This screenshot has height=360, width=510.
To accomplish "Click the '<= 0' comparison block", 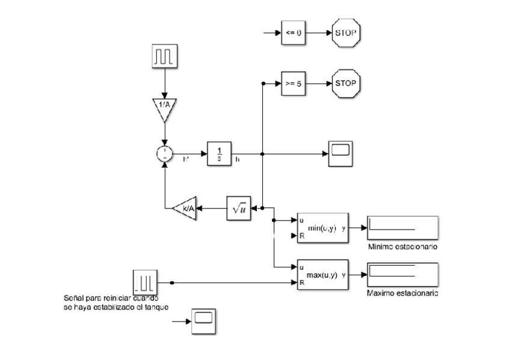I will click(293, 32).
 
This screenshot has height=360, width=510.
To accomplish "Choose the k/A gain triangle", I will click(184, 208).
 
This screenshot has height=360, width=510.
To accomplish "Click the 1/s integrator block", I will click(219, 153).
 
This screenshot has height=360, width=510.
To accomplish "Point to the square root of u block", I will click(238, 208).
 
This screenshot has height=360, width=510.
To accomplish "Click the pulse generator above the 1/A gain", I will click(163, 56).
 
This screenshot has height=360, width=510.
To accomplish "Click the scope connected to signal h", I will click(341, 153).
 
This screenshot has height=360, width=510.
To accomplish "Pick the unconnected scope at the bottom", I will click(204, 320).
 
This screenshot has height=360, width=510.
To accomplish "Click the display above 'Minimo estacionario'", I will click(403, 228).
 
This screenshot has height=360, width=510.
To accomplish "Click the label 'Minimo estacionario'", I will click(402, 247).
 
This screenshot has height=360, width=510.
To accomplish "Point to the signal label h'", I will click(186, 160).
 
